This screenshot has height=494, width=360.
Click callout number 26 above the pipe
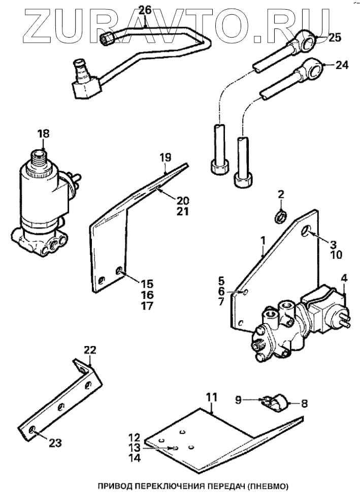tap(145, 10)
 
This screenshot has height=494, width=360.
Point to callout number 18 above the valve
tap(44, 134)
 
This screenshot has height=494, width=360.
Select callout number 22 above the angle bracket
tap(89, 350)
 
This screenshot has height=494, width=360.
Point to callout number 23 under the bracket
tap(55, 443)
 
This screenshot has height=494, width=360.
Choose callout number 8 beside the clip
tap(304, 404)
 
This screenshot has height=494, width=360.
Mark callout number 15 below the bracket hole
tap(147, 284)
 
